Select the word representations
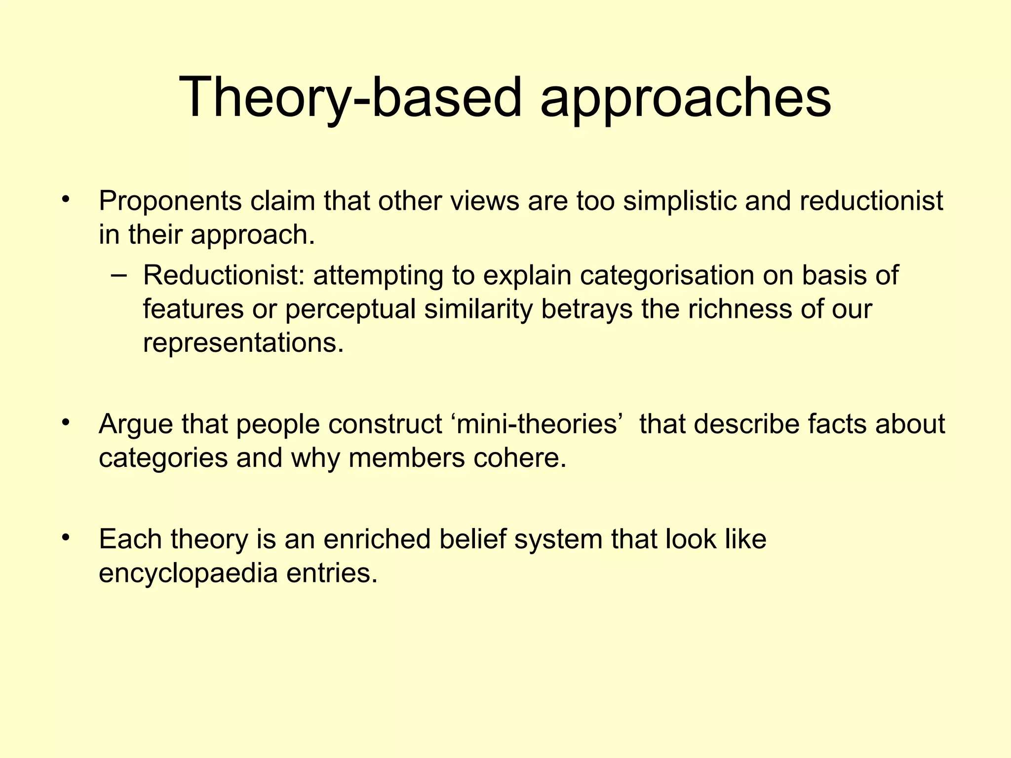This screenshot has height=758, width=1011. pyautogui.click(x=243, y=342)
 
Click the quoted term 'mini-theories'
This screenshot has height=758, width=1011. pyautogui.click(x=536, y=424)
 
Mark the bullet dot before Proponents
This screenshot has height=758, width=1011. pyautogui.click(x=65, y=200)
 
